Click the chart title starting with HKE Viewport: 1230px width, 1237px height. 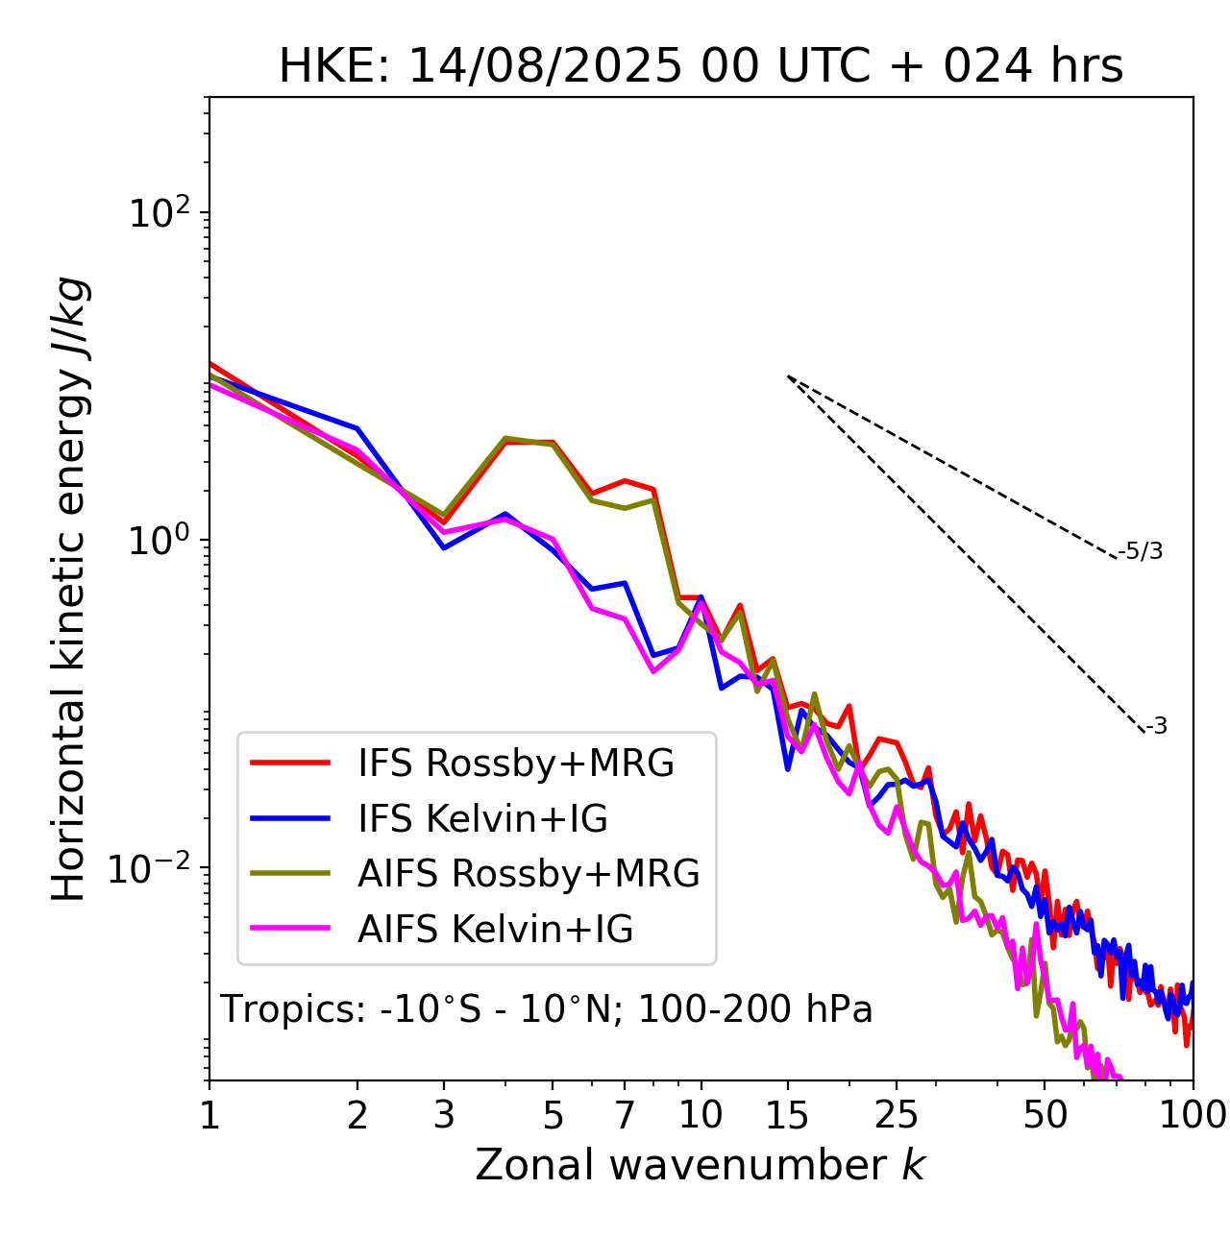[701, 66]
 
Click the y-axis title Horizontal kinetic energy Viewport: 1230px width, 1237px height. [70, 589]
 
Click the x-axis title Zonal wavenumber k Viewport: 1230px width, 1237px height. [700, 1165]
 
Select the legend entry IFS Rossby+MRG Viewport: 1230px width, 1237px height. [515, 764]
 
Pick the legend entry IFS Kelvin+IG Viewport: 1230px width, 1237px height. [482, 819]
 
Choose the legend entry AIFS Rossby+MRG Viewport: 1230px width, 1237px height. [529, 874]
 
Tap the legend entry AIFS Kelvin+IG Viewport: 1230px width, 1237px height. [495, 930]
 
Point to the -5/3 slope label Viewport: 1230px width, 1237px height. [1141, 551]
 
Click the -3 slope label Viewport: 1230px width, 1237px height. [1156, 726]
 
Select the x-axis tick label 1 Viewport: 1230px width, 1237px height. [209, 1114]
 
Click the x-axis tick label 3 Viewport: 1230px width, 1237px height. [444, 1114]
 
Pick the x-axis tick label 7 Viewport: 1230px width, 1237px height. [625, 1114]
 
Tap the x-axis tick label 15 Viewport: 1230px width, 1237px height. [787, 1114]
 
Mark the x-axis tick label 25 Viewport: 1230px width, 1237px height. [897, 1114]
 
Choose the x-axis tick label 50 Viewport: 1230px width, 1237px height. [1045, 1114]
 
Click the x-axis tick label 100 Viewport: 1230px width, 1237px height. [1192, 1114]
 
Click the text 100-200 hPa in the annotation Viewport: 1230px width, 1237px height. [755, 1009]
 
